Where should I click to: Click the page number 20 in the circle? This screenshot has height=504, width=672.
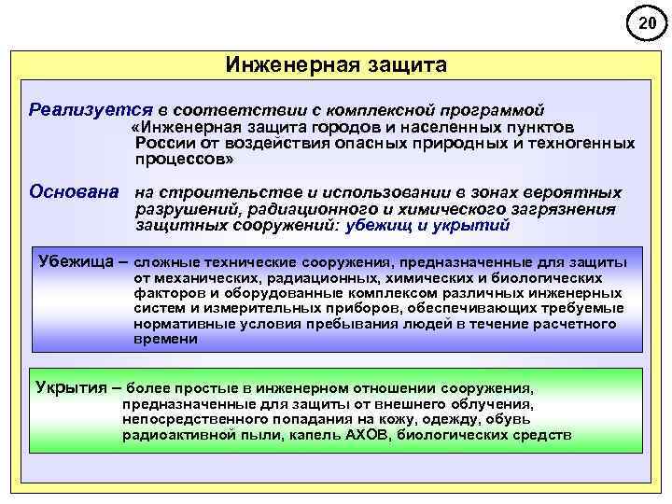coord(647,23)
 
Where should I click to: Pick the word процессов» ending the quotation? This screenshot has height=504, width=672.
coord(184,160)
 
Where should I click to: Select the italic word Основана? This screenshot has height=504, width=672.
coord(74,192)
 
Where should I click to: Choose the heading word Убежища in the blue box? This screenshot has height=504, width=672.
coord(74,259)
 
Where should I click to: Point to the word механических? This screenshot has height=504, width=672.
coord(204,277)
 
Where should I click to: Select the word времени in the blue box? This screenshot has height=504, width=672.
coord(166,339)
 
